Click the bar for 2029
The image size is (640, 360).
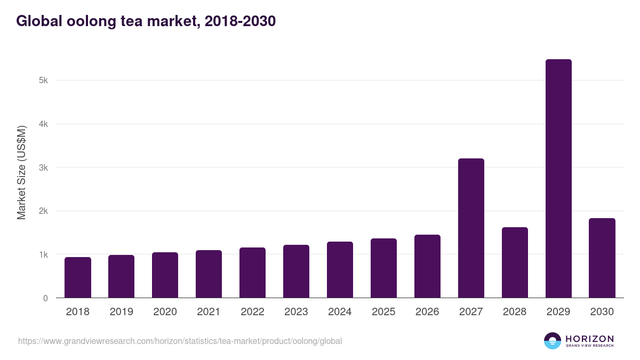coord(558,179)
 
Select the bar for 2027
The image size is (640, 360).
coord(471,228)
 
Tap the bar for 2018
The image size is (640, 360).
coord(78,277)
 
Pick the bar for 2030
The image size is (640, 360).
coord(602,258)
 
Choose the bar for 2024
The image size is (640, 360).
coord(340,270)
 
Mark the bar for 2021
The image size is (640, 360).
coord(209,274)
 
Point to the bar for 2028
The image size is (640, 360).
coord(515,262)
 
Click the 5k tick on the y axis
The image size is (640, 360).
coord(43,81)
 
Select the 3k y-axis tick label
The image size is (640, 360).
coord(43,167)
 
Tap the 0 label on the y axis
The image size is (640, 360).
coord(45,298)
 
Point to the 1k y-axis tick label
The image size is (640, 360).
coord(43,254)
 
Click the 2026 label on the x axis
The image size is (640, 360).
coord(427,312)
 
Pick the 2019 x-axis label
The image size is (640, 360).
coord(121,312)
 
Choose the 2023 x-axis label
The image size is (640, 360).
coord(296,312)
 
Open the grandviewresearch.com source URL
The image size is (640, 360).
coord(180,341)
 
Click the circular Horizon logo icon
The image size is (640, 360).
coord(553,341)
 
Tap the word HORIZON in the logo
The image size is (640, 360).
coord(589,339)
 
